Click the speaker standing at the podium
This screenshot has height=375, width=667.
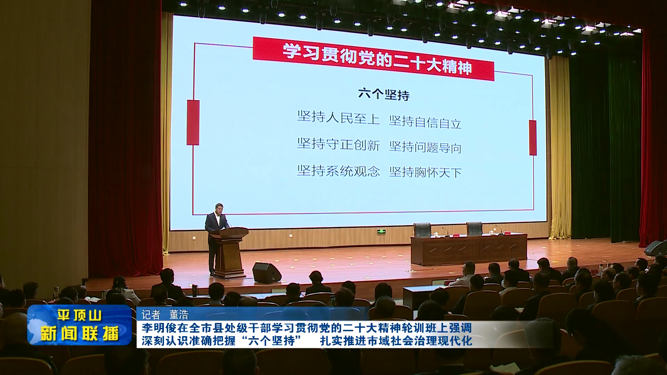pos(216,236)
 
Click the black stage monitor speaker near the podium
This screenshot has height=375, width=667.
pos(266,273)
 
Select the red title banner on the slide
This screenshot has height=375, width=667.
pos(373,59)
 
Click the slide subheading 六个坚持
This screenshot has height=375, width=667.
pos(384,94)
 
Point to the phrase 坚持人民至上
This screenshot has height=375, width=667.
pos(338,117)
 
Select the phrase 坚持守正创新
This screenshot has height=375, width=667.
pos(338,144)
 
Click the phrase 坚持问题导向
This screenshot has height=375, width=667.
pos(425,147)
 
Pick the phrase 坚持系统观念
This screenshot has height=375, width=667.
pos(338,171)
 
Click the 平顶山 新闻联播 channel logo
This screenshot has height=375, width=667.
pos(80,325)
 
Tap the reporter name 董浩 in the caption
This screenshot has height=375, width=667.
pos(179,315)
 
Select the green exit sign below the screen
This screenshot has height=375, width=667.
pos(381,231)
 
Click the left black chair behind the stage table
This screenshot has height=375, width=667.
pos(422,230)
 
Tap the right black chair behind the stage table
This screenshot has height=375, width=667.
pos(474,229)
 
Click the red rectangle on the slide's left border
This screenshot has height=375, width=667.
pos(193,123)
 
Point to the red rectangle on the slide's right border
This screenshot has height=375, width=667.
pos(533,138)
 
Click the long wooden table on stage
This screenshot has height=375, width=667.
pos(469,249)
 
